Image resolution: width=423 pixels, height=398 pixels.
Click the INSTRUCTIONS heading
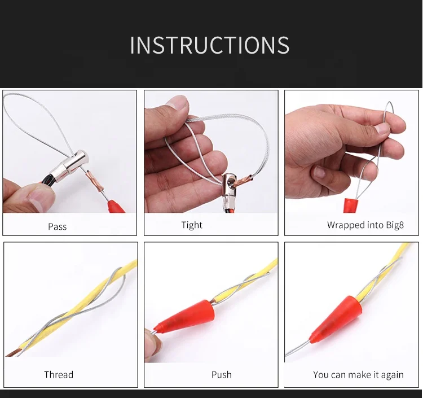point(210,45)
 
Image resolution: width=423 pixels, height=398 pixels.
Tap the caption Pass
point(57,226)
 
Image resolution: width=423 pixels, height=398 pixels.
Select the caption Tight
point(192,225)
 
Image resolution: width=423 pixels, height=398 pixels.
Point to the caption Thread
point(59,374)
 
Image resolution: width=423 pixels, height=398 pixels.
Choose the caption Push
point(221,374)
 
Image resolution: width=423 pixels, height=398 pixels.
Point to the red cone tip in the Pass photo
point(116,206)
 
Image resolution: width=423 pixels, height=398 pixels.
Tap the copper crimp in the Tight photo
point(244,181)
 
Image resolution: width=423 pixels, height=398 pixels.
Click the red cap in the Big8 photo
point(351,205)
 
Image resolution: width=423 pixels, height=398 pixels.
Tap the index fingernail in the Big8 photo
point(382,129)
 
